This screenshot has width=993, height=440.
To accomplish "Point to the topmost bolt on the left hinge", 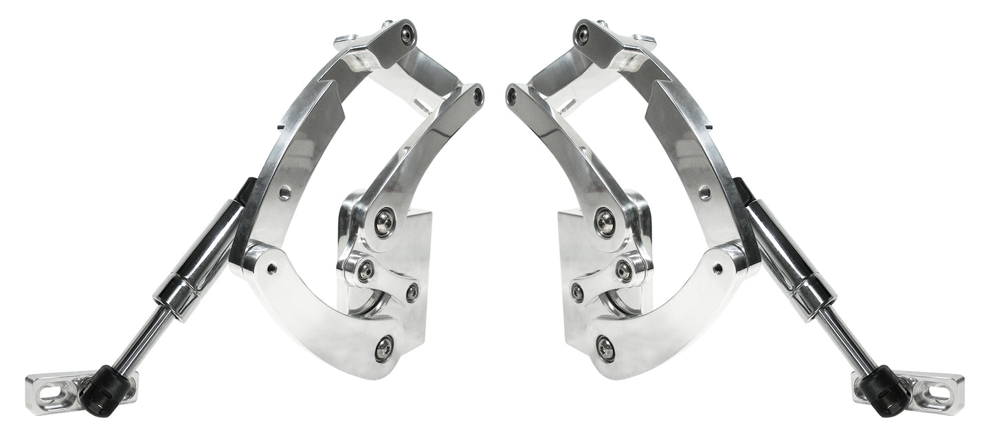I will (x=409, y=32).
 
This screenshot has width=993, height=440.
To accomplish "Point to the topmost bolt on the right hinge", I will (x=583, y=32).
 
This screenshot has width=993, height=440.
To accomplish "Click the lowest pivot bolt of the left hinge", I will (x=384, y=347).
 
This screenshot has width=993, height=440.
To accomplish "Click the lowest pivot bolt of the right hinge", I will (x=605, y=347).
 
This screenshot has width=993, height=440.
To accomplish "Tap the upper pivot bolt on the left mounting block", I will (x=384, y=221).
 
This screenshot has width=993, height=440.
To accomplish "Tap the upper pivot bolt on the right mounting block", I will (x=605, y=221).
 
